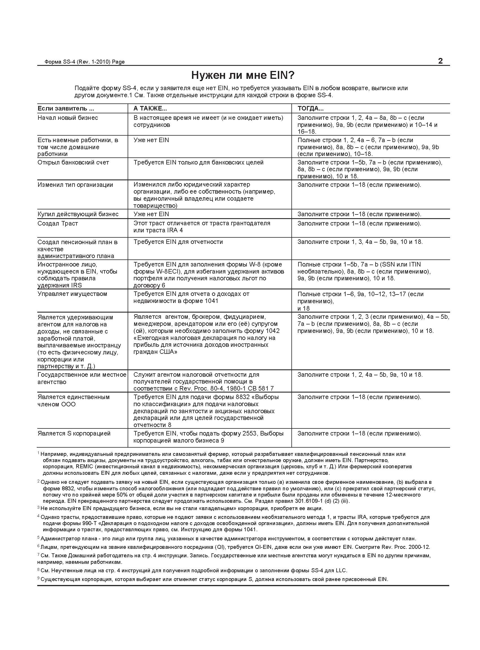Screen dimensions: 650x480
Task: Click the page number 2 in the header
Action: point(440,61)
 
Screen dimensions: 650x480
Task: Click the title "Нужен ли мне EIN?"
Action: point(243,75)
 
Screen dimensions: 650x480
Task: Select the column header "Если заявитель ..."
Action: point(66,109)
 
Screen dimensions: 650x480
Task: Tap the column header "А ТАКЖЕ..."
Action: point(150,109)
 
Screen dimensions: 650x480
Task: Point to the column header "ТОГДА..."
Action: point(310,109)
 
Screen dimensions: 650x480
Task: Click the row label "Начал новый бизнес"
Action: point(68,118)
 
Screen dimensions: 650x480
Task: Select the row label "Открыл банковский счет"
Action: point(73,162)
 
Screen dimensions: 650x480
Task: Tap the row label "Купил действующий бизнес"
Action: point(78,214)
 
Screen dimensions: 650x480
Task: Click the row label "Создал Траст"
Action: point(58,224)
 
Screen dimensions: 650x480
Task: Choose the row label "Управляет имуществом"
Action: point(72,294)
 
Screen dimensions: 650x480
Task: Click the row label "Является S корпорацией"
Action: point(74,434)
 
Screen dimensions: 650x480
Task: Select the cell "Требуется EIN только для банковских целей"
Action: point(198,162)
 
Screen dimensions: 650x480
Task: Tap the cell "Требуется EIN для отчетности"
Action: point(178,242)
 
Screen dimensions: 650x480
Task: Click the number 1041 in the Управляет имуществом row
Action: point(211,301)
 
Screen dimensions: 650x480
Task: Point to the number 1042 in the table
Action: point(272,331)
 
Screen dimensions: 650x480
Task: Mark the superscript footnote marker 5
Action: point(38,538)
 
